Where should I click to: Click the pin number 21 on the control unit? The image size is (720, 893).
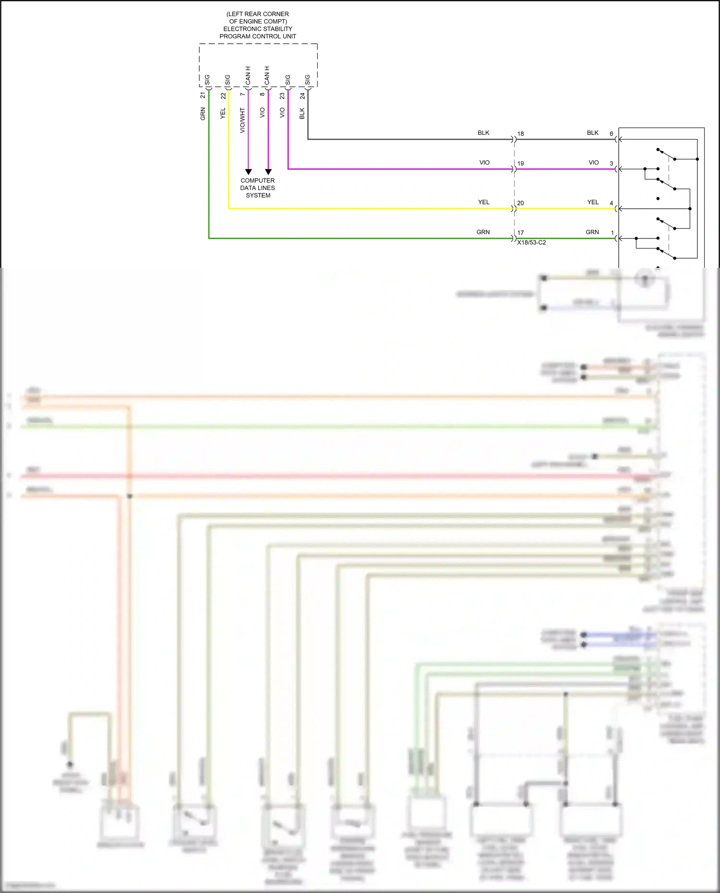[203, 95]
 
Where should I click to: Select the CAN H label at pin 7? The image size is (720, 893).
[248, 76]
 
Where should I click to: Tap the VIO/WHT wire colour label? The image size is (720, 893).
[242, 120]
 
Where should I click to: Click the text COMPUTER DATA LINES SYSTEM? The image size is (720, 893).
[258, 188]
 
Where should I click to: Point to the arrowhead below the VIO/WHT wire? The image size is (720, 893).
[248, 172]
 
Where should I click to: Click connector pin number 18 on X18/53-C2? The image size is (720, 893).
[520, 134]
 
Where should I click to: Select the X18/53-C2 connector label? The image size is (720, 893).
[531, 242]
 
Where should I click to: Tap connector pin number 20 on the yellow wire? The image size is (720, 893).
[520, 203]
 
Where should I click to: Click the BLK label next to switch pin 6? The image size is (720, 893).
[592, 133]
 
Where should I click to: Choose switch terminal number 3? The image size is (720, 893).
[611, 163]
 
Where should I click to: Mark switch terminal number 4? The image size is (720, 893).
[611, 203]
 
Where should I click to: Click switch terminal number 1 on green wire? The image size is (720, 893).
[612, 233]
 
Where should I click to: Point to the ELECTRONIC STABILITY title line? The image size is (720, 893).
[258, 29]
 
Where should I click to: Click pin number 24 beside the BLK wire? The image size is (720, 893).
[302, 96]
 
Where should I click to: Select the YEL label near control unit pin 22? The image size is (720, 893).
[223, 114]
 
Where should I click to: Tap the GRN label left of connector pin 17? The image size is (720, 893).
[483, 232]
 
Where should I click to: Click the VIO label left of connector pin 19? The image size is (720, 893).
[484, 163]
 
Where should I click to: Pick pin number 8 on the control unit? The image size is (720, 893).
[262, 94]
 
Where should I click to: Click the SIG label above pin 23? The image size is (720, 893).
[288, 80]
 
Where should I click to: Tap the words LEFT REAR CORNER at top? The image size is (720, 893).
[258, 14]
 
